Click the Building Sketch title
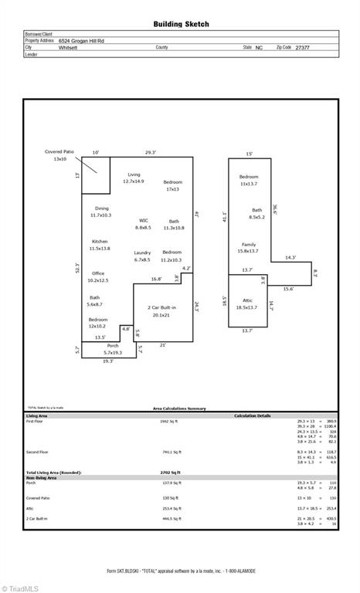tap(181, 25)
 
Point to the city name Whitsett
tap(68, 48)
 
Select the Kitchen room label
tap(100, 245)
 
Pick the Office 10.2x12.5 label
tap(98, 276)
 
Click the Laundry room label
tap(142, 256)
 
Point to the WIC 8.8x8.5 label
tap(143, 224)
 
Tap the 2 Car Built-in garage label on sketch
tap(162, 310)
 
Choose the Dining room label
tap(101, 212)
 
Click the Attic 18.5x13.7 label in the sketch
tap(247, 303)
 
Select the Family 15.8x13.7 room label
tap(248, 247)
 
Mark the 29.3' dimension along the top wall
tap(151, 152)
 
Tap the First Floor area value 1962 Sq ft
tap(168, 422)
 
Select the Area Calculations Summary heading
tap(179, 408)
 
